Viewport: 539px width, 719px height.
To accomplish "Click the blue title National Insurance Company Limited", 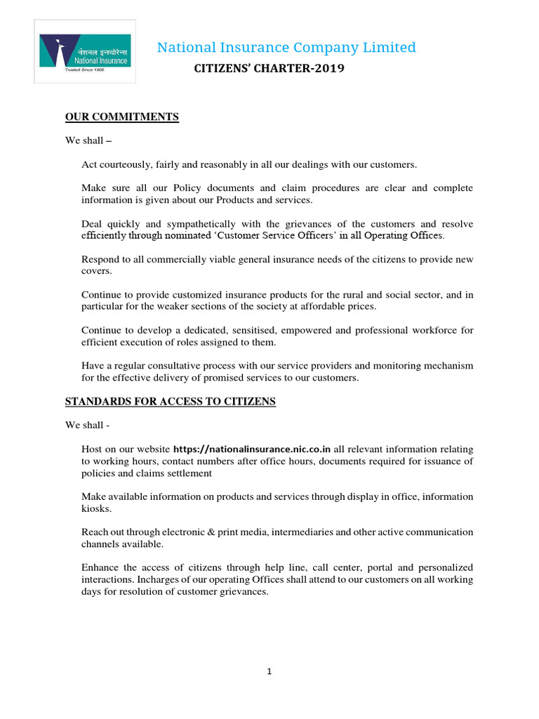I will (x=286, y=47).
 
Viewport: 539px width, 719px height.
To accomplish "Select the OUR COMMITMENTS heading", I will (x=122, y=117).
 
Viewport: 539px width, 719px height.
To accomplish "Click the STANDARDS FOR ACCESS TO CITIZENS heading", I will (x=171, y=402).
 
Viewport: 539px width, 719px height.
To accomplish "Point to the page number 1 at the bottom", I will (x=269, y=672).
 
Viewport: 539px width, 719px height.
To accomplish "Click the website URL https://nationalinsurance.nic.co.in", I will (x=252, y=449).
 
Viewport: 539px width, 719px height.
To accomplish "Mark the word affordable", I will (x=320, y=307).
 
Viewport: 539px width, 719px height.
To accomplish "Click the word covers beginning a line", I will (x=96, y=271).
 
